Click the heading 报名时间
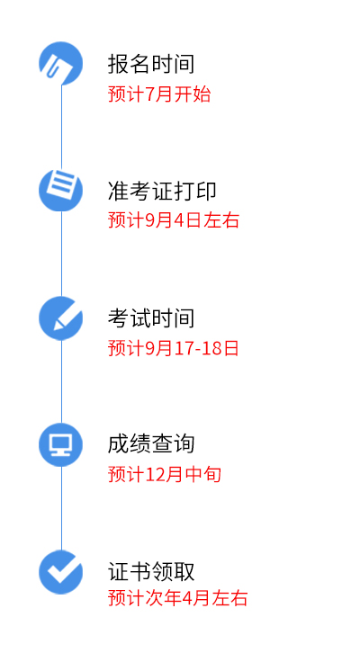pos(151,64)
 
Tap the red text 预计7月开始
pos(159,94)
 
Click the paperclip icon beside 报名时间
pos(61,63)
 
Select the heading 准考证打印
pos(162,192)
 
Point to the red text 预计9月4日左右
pos(174,220)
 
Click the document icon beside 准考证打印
pos(61,190)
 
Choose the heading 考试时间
pos(151,318)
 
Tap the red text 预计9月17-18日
pos(174,348)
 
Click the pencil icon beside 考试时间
pos(61,318)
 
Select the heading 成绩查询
pos(151,444)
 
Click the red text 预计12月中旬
pos(165,474)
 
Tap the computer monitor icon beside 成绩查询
pos(61,444)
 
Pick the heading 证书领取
pos(151,571)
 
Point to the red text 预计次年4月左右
pos(178,598)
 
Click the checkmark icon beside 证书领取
pos(61,572)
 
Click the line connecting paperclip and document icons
pos(62,127)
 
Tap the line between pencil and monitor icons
pos(62,381)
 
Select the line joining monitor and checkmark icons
pos(62,508)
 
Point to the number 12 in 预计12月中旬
pos(155,475)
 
